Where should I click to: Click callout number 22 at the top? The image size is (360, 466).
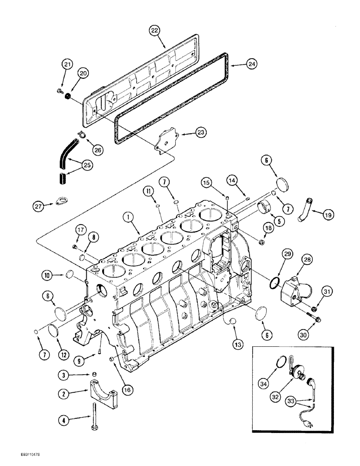click(x=154, y=30)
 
